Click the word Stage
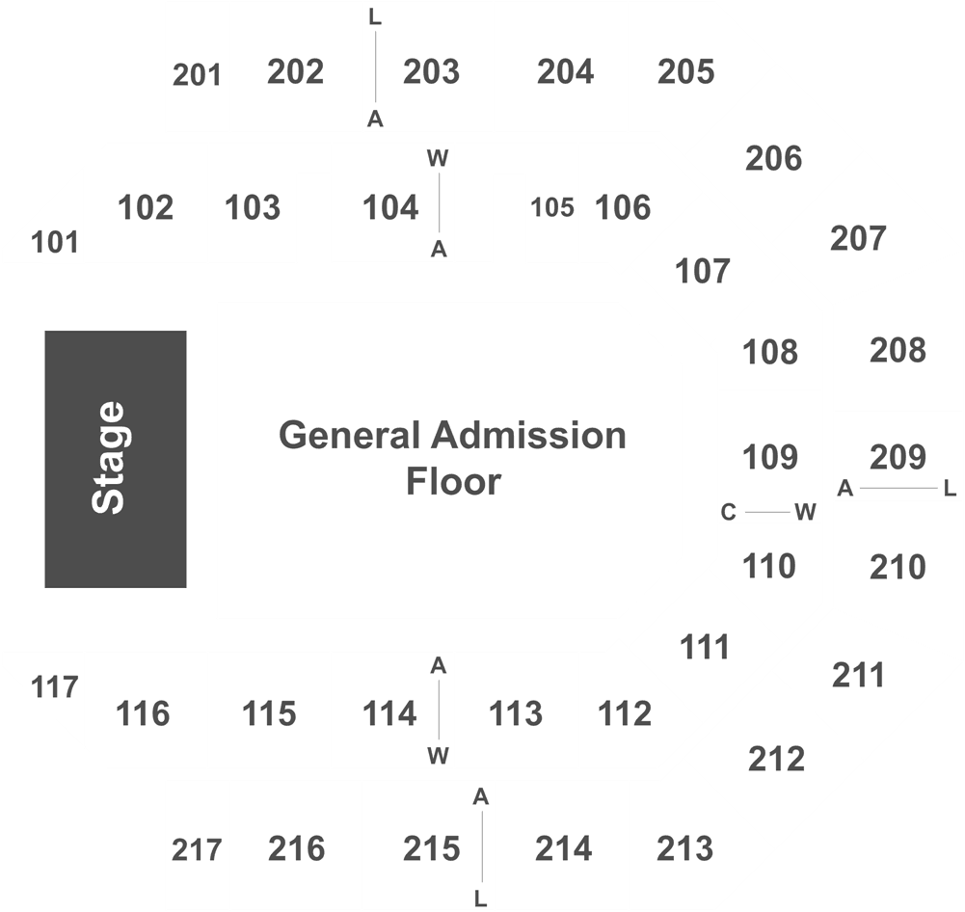108,458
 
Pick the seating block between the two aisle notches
392,204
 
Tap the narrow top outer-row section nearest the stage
198,67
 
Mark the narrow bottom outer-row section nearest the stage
198,845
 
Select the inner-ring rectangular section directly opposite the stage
769,458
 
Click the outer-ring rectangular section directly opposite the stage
898,457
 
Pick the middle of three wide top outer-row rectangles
428,67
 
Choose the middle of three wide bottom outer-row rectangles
428,845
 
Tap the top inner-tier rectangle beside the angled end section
145,204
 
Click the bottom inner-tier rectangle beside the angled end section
145,710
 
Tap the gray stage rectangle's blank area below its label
115,554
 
